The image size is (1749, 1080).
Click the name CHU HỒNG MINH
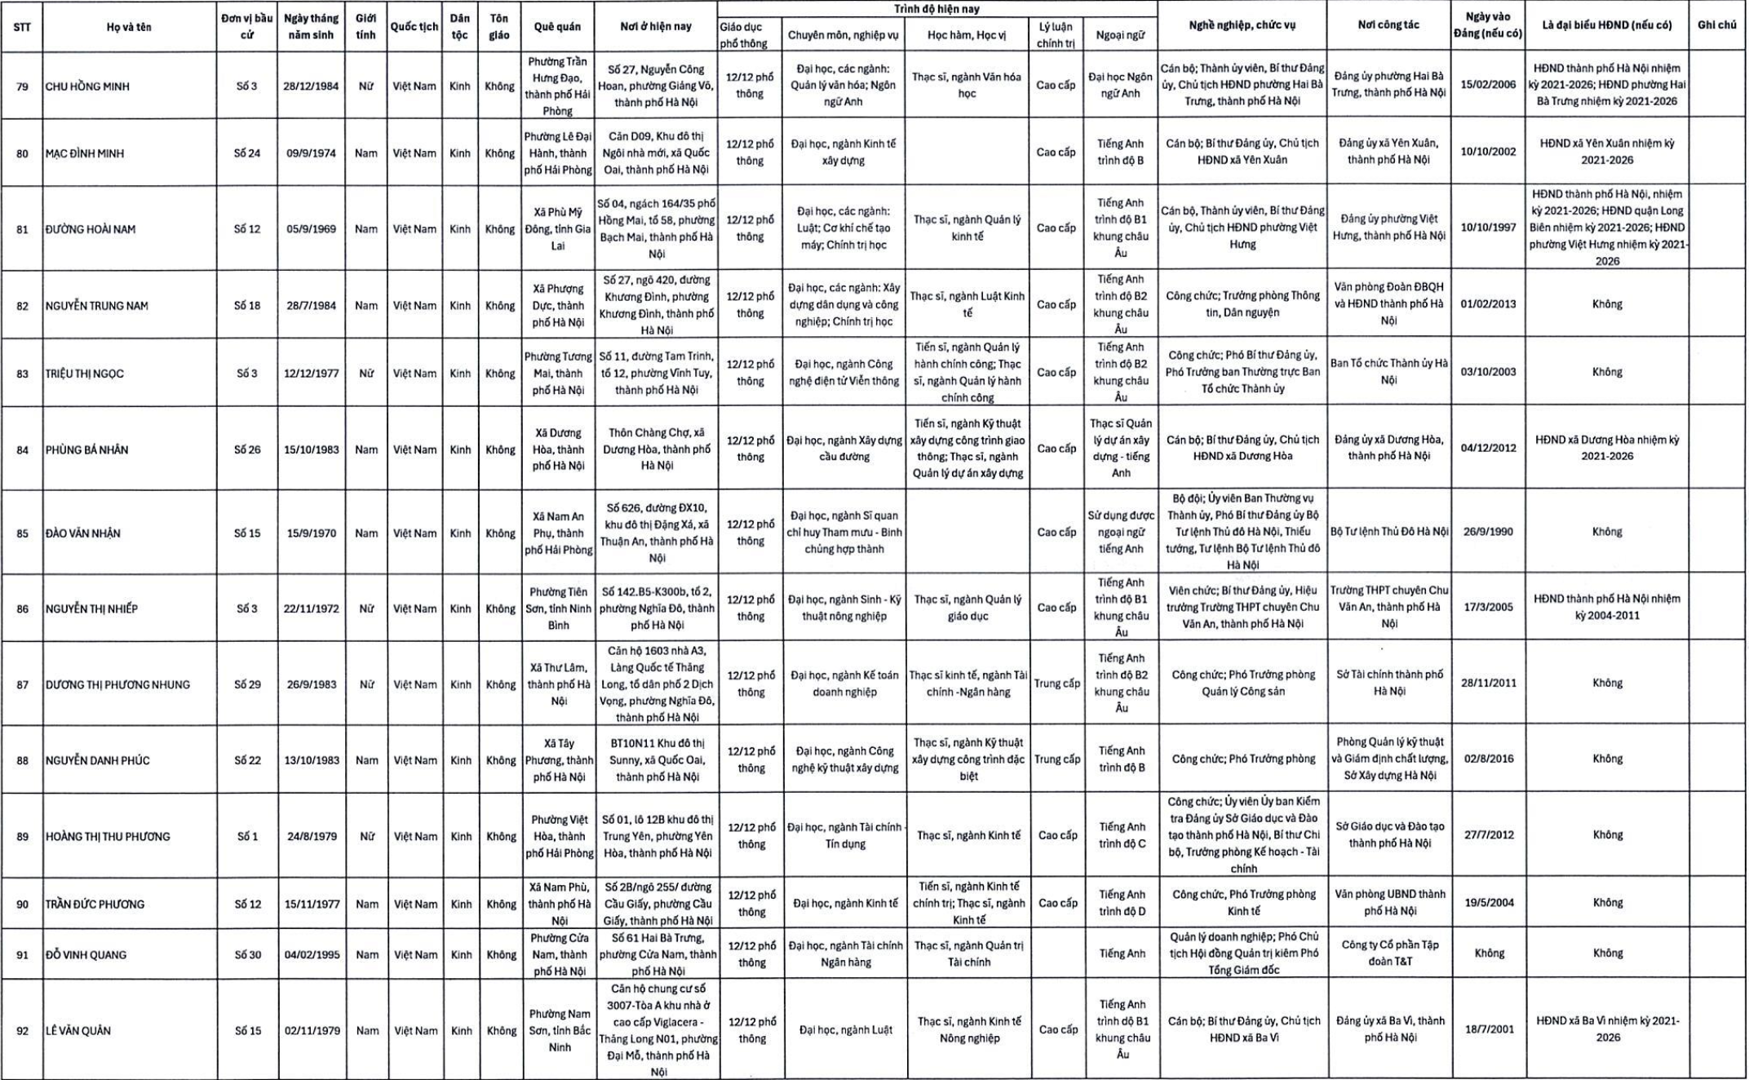click(87, 86)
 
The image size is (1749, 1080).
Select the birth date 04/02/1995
click(312, 954)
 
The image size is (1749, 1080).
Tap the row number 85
click(22, 533)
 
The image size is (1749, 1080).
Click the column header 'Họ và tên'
click(129, 27)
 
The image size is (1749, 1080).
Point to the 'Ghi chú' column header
click(1716, 25)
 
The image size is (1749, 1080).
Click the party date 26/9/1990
click(1489, 532)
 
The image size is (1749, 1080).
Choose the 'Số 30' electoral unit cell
click(247, 954)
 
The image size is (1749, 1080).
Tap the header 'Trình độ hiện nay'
click(936, 9)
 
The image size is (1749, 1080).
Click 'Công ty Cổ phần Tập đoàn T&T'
click(1389, 953)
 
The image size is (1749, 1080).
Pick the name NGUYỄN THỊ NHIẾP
click(91, 609)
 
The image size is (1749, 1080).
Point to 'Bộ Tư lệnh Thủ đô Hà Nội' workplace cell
click(1389, 532)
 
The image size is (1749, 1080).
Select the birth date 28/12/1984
click(311, 86)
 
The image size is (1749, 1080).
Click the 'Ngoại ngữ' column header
click(1120, 35)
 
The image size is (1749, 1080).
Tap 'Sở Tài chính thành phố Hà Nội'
click(1389, 683)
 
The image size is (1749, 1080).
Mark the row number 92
click(22, 1031)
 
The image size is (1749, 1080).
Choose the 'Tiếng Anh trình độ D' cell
click(1122, 903)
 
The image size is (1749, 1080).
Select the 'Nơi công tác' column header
click(1388, 25)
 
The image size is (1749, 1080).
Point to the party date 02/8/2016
click(1489, 759)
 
